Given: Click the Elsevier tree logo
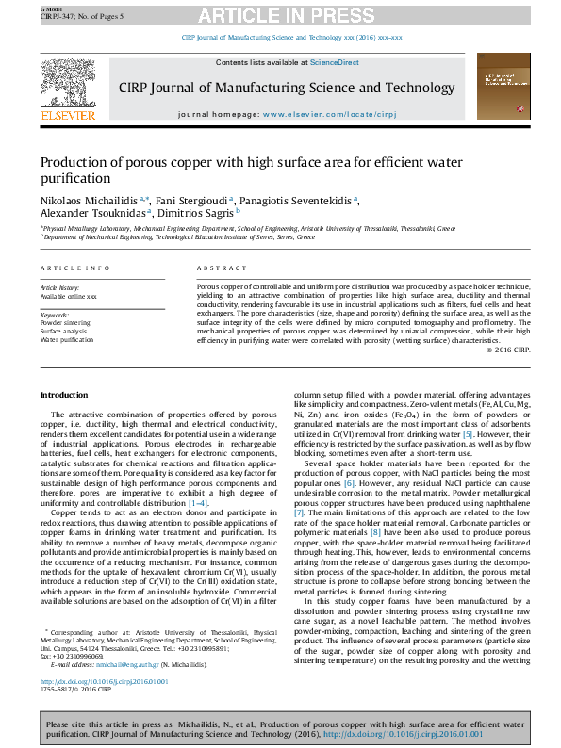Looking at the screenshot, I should [x=69, y=86].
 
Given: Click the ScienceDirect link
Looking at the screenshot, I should [x=335, y=62].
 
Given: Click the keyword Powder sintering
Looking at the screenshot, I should [x=65, y=322].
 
